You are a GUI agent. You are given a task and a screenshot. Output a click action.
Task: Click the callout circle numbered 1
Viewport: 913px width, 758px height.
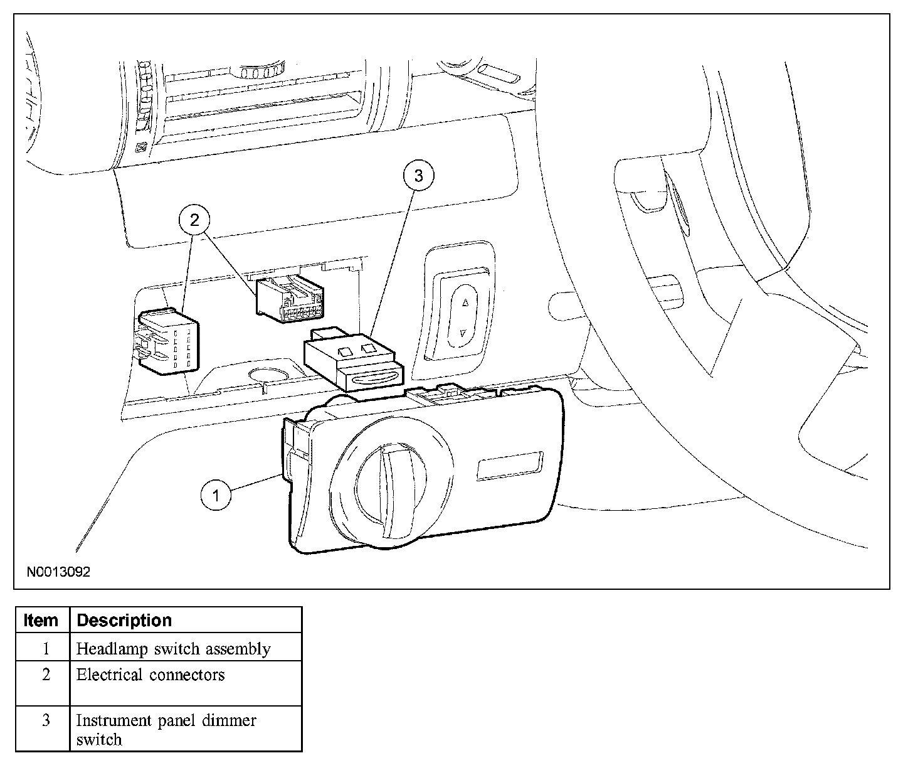pos(216,496)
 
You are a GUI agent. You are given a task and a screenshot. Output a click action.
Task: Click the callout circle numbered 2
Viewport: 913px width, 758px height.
pos(194,220)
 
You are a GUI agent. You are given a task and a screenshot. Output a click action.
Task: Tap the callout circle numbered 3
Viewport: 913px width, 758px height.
pos(418,176)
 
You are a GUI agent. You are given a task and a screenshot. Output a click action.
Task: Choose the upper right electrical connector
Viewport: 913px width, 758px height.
pos(292,299)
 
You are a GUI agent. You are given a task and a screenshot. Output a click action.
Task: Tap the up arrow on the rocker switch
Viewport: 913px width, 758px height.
pos(465,302)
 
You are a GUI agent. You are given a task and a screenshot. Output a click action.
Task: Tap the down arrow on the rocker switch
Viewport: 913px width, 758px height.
pos(463,334)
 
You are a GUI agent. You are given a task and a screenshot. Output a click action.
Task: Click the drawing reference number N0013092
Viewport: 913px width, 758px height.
pos(58,572)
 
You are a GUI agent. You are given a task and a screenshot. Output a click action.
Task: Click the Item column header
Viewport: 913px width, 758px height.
pos(41,621)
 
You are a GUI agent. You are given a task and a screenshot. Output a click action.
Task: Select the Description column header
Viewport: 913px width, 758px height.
pos(124,621)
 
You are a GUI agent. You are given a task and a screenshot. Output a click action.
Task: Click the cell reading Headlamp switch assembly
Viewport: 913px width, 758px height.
pos(173,649)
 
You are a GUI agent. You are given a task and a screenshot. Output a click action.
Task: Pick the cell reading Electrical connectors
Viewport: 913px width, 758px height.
pos(150,675)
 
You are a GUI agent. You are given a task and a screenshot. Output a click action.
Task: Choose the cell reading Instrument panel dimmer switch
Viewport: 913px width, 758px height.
pos(166,729)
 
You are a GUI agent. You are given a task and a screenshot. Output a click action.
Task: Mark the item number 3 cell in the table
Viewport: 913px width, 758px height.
pos(46,720)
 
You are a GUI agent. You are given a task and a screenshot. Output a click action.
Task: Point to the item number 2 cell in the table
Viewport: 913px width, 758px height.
pos(46,675)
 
